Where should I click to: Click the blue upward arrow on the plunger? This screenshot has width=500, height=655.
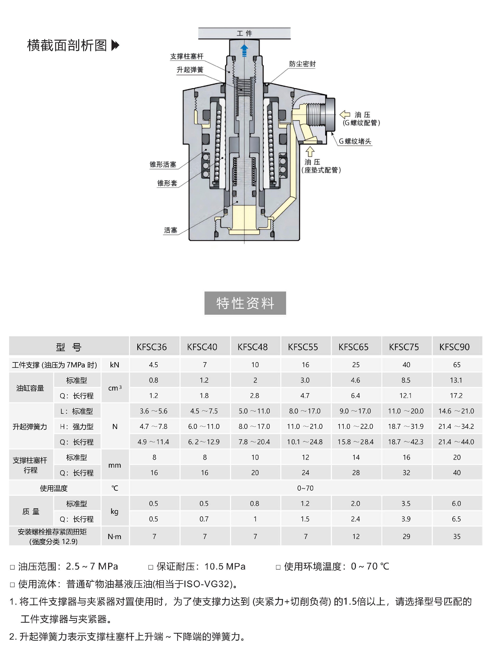click(244, 50)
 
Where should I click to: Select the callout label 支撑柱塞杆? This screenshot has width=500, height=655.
click(187, 56)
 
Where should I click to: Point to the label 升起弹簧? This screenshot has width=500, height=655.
click(190, 70)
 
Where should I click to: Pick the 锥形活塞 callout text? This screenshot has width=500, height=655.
click(163, 165)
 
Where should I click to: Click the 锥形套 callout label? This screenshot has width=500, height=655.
click(167, 183)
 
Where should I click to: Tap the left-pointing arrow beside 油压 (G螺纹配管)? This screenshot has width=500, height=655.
click(345, 115)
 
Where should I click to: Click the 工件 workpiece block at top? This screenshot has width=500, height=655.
click(244, 33)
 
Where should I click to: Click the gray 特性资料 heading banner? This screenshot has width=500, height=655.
click(245, 303)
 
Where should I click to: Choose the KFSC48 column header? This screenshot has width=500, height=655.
click(252, 347)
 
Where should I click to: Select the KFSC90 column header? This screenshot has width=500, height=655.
click(454, 347)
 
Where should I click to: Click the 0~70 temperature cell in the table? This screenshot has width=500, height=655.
click(305, 488)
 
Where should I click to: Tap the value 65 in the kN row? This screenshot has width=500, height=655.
click(456, 365)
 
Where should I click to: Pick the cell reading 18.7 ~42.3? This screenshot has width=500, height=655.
click(405, 442)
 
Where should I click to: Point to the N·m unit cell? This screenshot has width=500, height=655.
click(114, 536)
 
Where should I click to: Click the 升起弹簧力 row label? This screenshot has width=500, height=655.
click(30, 427)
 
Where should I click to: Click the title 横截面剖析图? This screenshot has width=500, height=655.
click(67, 46)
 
